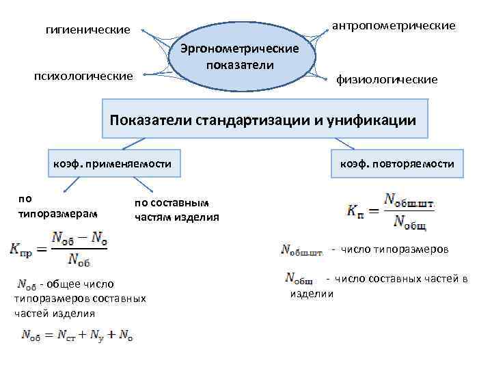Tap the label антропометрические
[x=393, y=25]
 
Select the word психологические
[x=83, y=75]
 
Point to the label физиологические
[x=387, y=79]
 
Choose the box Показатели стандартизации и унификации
[x=263, y=120]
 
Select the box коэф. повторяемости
[x=396, y=164]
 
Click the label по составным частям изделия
[x=176, y=210]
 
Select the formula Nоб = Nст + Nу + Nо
[x=76, y=334]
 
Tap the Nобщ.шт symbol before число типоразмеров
[x=301, y=251]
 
